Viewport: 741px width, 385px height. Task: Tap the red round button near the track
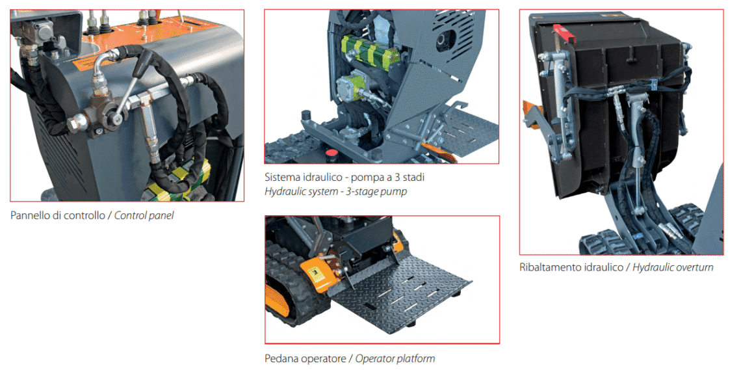coord(331,153)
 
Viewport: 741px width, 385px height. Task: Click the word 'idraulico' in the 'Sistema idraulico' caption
coord(323,178)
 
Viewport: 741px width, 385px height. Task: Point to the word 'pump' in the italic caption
coord(395,192)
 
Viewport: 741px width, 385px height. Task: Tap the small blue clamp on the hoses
coord(655,85)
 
